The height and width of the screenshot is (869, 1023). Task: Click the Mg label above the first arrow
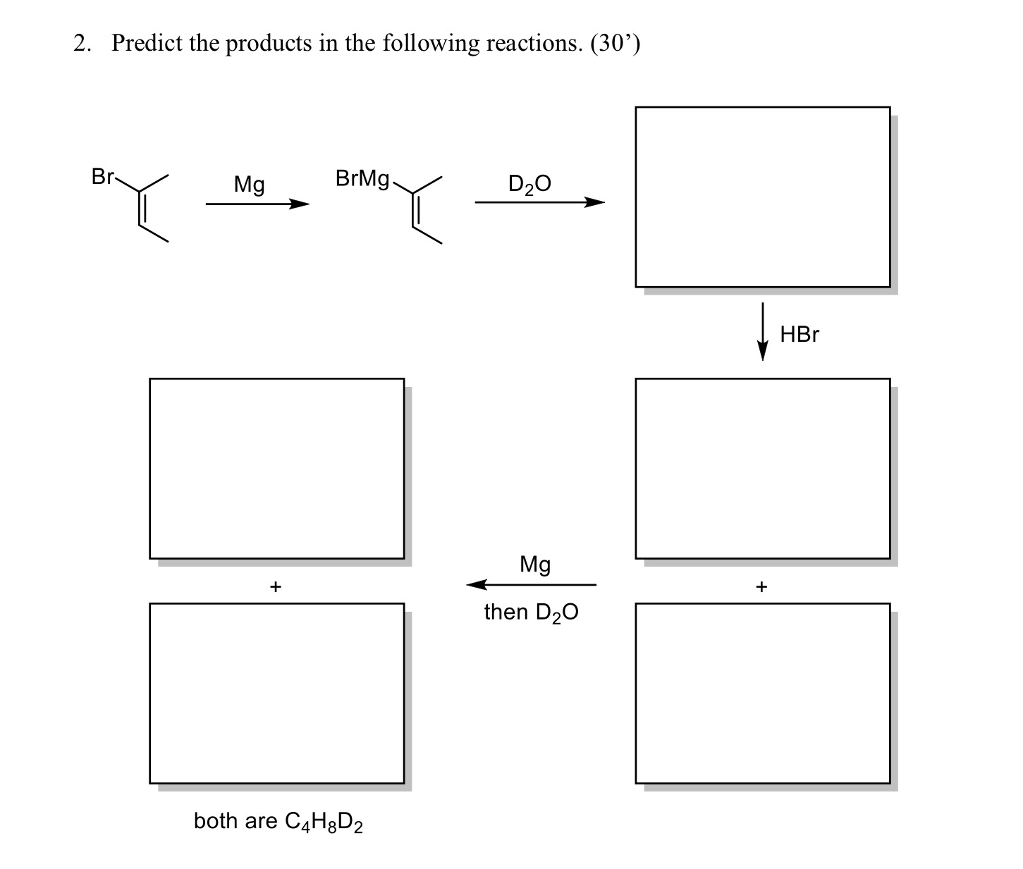pyautogui.click(x=250, y=185)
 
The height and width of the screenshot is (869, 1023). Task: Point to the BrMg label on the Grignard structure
pyautogui.click(x=362, y=179)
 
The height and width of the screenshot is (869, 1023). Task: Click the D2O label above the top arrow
pyautogui.click(x=529, y=184)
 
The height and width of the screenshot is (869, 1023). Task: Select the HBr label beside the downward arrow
pyautogui.click(x=800, y=334)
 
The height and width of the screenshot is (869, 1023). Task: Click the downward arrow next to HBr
pyautogui.click(x=762, y=331)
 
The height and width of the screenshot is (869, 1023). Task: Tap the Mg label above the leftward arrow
pyautogui.click(x=535, y=564)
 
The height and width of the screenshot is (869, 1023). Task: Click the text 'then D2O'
pyautogui.click(x=531, y=612)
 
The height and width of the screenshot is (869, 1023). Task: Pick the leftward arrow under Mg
pyautogui.click(x=532, y=584)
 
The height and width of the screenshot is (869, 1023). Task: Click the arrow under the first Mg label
pyautogui.click(x=257, y=204)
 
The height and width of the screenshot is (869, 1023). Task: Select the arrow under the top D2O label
pyautogui.click(x=539, y=203)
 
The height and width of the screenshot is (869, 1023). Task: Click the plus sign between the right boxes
pyautogui.click(x=761, y=586)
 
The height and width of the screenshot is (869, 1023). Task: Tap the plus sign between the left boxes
pyautogui.click(x=276, y=586)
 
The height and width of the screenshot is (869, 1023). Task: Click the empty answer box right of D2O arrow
pyautogui.click(x=762, y=197)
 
